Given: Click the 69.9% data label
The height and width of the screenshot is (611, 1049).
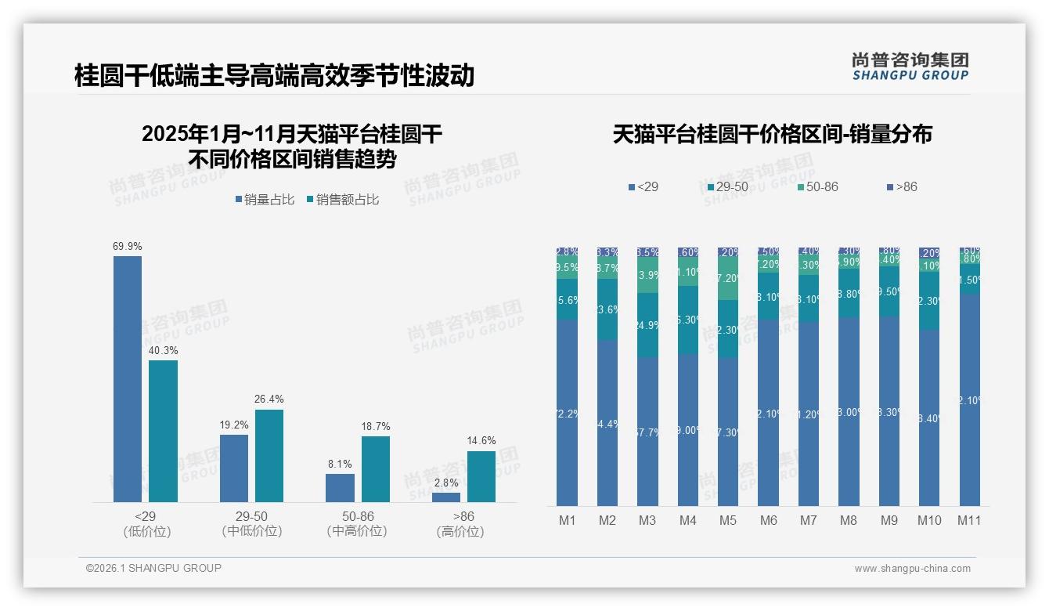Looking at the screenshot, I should (x=128, y=246).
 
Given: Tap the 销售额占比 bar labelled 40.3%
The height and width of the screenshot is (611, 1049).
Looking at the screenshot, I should (x=163, y=431).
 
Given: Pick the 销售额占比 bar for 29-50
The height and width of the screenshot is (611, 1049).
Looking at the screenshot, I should (x=269, y=455).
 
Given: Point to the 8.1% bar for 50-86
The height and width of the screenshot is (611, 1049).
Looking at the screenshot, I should (x=340, y=487).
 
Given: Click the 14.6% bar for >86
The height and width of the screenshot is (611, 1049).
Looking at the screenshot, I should (x=481, y=476).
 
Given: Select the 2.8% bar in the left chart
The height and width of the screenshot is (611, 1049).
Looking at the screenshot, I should (x=446, y=497).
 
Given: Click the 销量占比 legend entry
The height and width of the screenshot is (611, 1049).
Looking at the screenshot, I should (x=265, y=200).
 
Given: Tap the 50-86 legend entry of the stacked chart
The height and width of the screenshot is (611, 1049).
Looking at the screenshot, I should (x=817, y=186).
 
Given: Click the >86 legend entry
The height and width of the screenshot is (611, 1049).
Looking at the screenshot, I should (x=902, y=186).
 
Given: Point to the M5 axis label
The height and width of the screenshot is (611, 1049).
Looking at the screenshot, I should (x=728, y=520).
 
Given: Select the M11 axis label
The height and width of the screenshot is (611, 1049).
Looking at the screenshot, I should (x=969, y=520).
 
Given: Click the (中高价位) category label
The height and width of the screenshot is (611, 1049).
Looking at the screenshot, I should (x=358, y=531).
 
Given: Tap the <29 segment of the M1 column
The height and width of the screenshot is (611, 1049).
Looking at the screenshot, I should (x=568, y=412).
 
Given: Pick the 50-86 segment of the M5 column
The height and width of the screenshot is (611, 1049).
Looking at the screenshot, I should (x=728, y=279).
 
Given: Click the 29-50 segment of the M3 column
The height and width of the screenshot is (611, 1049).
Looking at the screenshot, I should (x=647, y=325).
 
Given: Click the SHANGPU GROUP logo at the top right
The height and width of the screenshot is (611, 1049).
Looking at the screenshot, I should (x=910, y=67).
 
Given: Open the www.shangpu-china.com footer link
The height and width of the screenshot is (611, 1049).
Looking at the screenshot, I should (x=912, y=569).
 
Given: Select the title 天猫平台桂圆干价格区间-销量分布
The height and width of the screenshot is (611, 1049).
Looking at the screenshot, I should (x=772, y=135).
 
